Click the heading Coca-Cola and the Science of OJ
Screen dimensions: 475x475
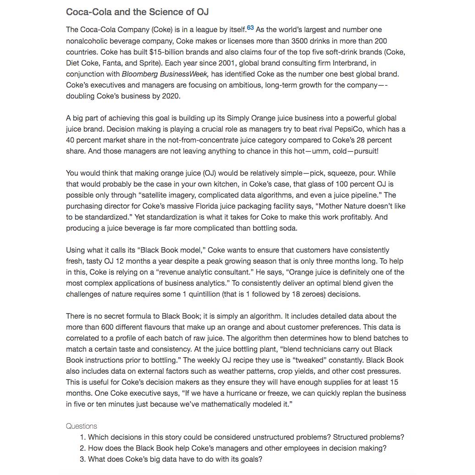pyautogui.click(x=138, y=12)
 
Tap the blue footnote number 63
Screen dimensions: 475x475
pyautogui.click(x=250, y=28)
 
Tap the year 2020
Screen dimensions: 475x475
pyautogui.click(x=171, y=96)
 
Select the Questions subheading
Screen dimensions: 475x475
pyautogui.click(x=82, y=426)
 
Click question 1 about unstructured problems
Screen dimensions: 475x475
pyautogui.click(x=246, y=437)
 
